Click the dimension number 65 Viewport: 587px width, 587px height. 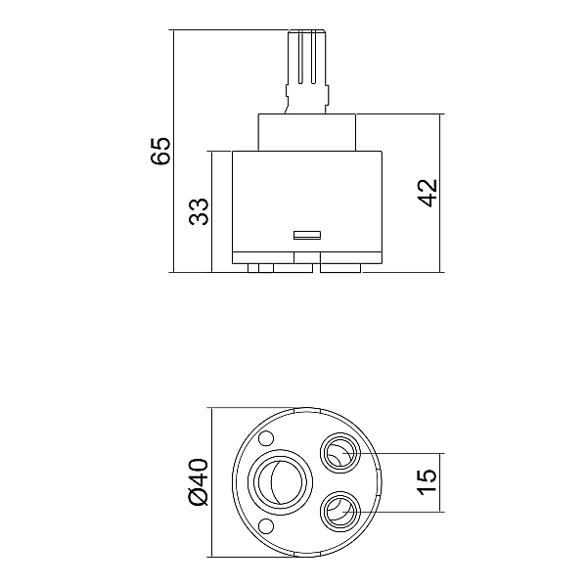[159, 152]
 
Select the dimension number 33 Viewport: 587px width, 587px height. [199, 211]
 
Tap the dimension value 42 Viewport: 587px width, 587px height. [427, 193]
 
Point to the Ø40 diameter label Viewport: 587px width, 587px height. [197, 481]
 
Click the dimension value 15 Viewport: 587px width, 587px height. [427, 481]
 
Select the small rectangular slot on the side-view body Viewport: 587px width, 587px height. [308, 234]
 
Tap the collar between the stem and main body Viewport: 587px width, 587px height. [306, 133]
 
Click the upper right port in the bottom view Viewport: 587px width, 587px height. [339, 453]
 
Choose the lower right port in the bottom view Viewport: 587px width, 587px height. [339, 509]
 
